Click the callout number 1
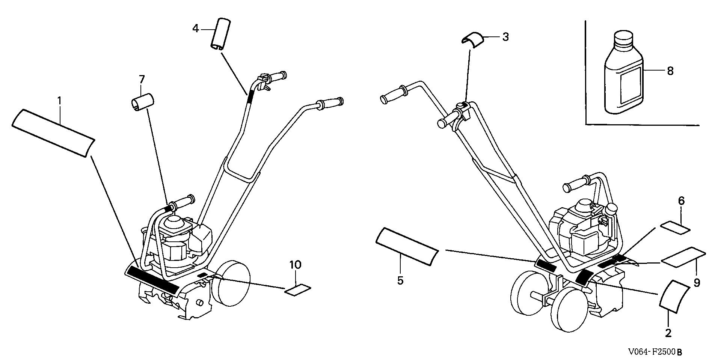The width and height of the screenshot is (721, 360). (59, 101)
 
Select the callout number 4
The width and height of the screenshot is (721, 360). (195, 28)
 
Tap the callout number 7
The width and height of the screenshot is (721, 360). (142, 80)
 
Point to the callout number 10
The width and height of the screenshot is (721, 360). (295, 265)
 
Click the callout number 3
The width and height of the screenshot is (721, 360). (505, 37)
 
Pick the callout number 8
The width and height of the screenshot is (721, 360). (670, 71)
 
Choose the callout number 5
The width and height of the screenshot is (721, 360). (400, 280)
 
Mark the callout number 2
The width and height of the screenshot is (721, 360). (668, 333)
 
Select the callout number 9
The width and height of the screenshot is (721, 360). (697, 282)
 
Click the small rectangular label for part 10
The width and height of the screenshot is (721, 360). (298, 290)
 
